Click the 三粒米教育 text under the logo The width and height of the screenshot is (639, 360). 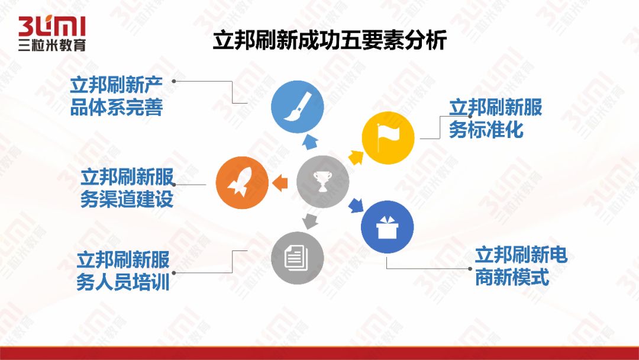point(51,44)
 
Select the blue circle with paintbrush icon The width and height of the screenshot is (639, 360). point(297,107)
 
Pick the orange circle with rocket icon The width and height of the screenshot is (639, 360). point(242,182)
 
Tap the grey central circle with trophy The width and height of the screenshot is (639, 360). point(322,182)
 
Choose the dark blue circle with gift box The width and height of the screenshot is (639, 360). point(388,227)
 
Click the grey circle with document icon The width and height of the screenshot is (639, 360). point(297,256)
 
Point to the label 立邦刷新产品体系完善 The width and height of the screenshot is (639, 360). point(117,97)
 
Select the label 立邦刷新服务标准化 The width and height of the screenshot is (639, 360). point(495,118)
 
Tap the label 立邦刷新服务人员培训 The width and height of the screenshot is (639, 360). point(123,271)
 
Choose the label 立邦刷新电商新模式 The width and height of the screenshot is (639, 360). point(521,266)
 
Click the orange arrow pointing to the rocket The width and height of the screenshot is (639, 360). point(279,182)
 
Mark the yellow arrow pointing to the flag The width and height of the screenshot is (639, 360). point(356,157)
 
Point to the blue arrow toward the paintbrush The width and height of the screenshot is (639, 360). point(309,141)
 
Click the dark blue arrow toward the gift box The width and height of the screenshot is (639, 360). point(355,205)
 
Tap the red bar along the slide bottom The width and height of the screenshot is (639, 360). point(319,353)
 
